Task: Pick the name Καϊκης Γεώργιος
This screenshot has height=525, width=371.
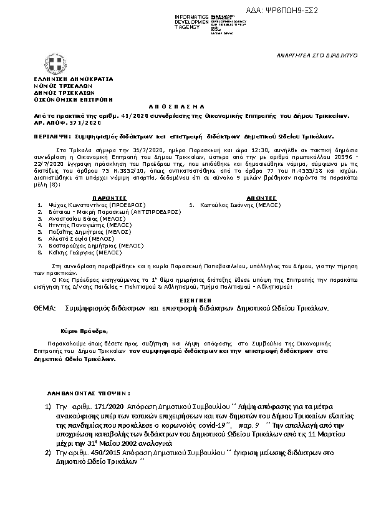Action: (x=70, y=253)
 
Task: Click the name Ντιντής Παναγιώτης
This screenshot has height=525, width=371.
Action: (x=72, y=224)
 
